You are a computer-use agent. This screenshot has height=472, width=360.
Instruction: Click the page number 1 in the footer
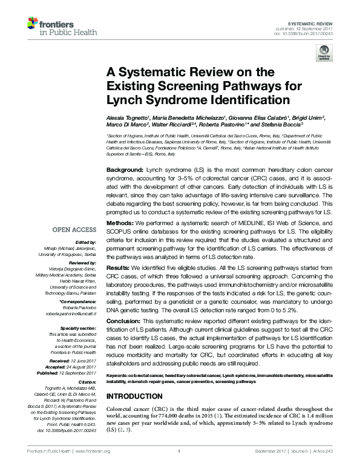(180, 467)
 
